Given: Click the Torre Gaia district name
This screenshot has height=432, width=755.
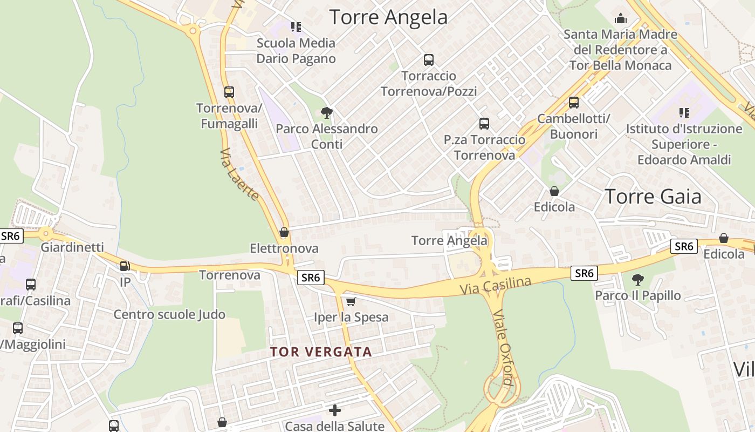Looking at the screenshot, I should click(x=653, y=197).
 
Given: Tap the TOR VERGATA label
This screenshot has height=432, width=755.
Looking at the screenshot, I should click(x=321, y=352).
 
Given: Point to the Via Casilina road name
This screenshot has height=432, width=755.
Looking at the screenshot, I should click(x=495, y=285).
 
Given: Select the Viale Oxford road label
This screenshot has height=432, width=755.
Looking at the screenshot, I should click(x=503, y=348).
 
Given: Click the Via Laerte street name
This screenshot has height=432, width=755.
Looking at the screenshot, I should click(x=239, y=174).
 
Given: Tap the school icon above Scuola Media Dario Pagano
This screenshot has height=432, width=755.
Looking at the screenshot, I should click(x=296, y=26).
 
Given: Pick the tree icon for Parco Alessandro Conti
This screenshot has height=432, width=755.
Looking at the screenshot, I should click(x=326, y=112).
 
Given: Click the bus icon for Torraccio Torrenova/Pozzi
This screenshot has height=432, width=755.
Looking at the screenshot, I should click(x=429, y=59).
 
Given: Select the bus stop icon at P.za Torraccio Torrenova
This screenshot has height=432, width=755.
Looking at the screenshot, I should click(x=484, y=124).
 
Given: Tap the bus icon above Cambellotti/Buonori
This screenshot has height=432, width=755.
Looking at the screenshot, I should click(x=574, y=102).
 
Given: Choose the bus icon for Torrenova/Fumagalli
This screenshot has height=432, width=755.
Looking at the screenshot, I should click(x=229, y=92).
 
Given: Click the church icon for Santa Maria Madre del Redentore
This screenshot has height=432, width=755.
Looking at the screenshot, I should click(x=621, y=18).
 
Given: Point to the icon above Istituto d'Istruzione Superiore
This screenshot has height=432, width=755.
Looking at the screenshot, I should click(x=684, y=113).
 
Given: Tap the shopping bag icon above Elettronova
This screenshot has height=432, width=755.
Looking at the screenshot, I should click(x=284, y=233).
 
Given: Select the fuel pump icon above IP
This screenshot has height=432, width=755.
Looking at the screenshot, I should click(x=125, y=266).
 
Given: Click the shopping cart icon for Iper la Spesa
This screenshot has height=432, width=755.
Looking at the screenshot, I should click(x=351, y=301).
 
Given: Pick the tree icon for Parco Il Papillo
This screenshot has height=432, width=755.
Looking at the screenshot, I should click(x=638, y=279).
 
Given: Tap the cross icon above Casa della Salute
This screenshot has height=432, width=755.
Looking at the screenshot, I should click(x=335, y=410).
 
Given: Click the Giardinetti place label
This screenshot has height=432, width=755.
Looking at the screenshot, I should click(x=72, y=247).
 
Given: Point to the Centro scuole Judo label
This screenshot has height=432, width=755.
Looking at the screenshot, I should click(x=169, y=314).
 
